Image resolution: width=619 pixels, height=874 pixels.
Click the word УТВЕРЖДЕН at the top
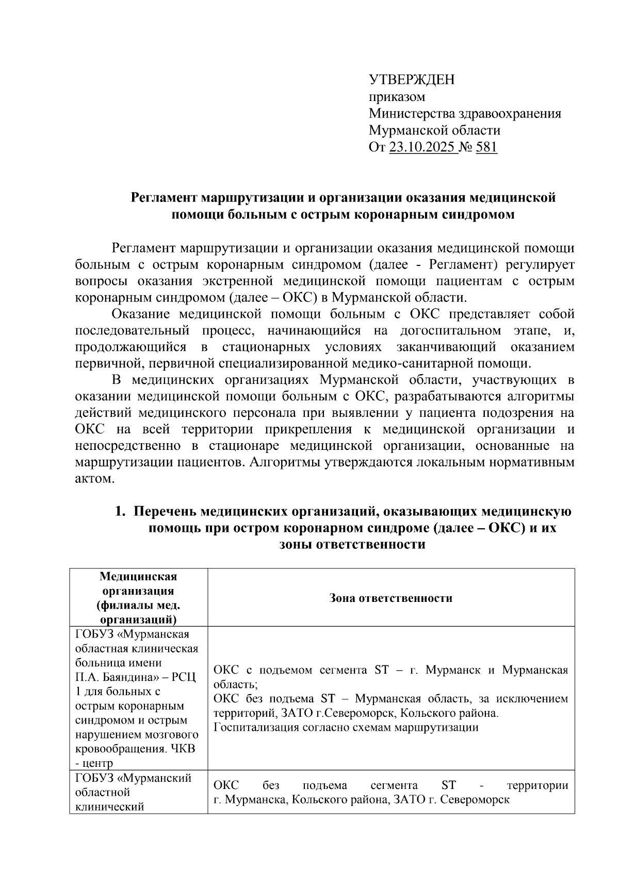click(x=412, y=80)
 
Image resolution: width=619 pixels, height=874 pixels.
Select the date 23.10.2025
click(x=421, y=148)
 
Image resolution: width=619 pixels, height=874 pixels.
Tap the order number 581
click(x=486, y=148)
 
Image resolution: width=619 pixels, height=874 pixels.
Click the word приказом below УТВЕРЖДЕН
click(x=397, y=97)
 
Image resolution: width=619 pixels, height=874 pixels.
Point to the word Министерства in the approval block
click(x=411, y=114)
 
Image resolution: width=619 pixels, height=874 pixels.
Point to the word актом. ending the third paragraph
click(x=93, y=479)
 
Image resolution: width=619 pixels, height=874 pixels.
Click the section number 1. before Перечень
click(x=120, y=512)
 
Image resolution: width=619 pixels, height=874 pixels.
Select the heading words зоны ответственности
click(x=352, y=545)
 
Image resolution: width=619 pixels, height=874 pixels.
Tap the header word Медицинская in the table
click(x=138, y=576)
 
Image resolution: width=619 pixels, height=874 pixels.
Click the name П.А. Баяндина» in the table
click(x=120, y=677)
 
